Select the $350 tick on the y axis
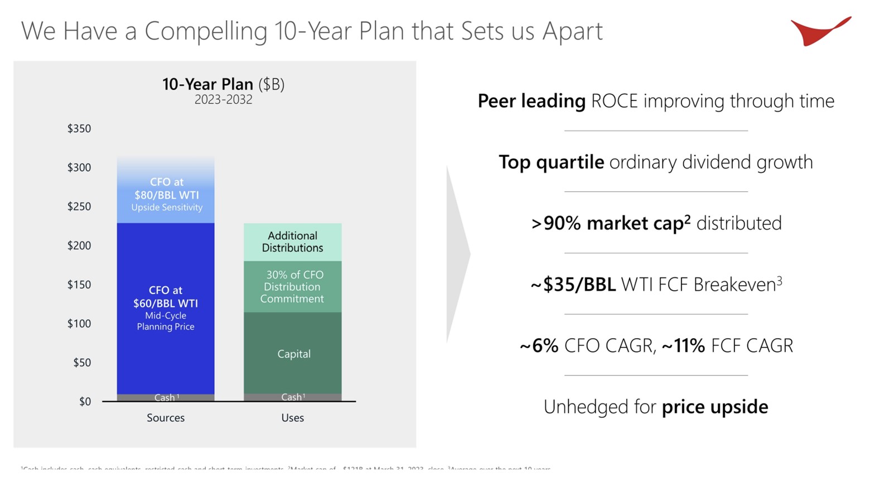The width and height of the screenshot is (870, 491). [x=79, y=129]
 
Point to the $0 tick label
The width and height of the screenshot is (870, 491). [x=85, y=402]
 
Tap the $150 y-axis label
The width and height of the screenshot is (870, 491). [x=79, y=285]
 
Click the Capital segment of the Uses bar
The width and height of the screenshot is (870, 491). [x=293, y=354]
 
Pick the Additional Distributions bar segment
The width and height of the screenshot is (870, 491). [x=293, y=242]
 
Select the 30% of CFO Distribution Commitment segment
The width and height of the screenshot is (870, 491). [x=293, y=287]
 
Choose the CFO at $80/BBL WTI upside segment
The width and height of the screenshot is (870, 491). [x=166, y=193]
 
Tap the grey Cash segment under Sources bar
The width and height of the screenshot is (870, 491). [x=166, y=398]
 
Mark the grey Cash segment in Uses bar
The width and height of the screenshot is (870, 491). [x=293, y=397]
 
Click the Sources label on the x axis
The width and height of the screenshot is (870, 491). [x=166, y=418]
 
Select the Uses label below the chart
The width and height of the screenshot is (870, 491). [x=293, y=418]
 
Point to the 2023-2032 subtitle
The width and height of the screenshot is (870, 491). [x=223, y=100]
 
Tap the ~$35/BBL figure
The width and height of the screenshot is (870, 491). [x=573, y=285]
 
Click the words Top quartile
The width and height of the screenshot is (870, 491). [x=551, y=162]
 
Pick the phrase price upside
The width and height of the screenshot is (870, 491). [x=715, y=407]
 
